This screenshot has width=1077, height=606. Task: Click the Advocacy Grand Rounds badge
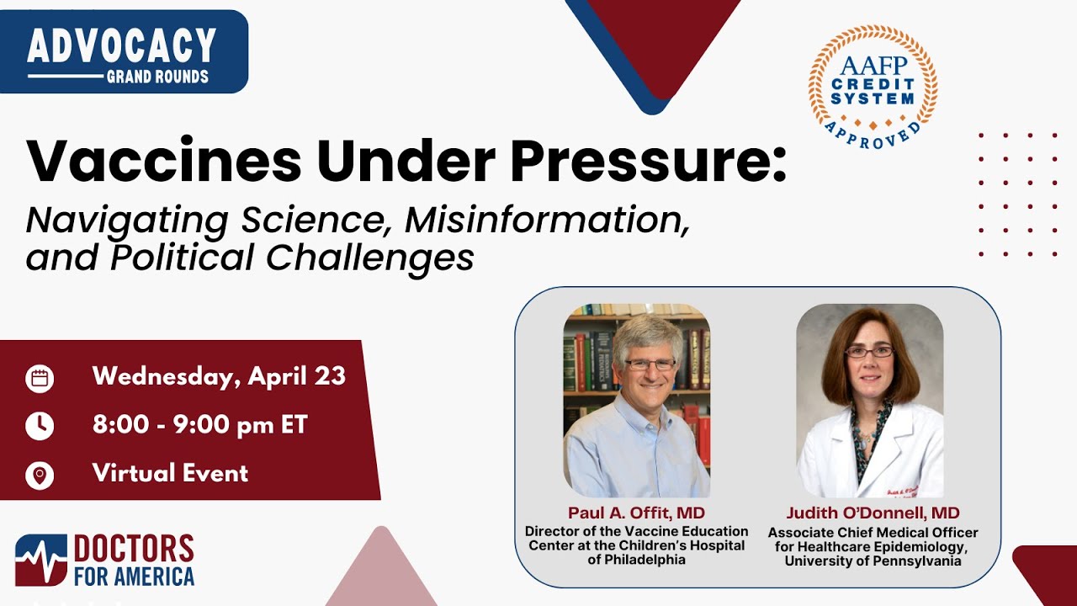(x=123, y=52)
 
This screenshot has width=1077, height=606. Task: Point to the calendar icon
(x=40, y=378)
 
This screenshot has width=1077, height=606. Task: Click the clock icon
(x=40, y=426)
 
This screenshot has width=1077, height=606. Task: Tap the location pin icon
(x=40, y=475)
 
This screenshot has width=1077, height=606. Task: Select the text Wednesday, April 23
(x=219, y=376)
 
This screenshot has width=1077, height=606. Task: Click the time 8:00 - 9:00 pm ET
(x=200, y=425)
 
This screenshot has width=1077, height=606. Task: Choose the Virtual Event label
(x=170, y=473)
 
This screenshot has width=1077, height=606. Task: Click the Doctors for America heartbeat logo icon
(x=40, y=560)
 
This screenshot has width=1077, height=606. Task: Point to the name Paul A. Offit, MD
(x=636, y=513)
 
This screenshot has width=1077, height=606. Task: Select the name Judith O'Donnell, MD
(x=873, y=513)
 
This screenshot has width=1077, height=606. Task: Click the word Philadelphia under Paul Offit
(x=637, y=560)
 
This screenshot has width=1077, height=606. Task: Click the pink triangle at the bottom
(x=383, y=572)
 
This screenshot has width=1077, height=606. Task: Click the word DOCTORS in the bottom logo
(x=134, y=549)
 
